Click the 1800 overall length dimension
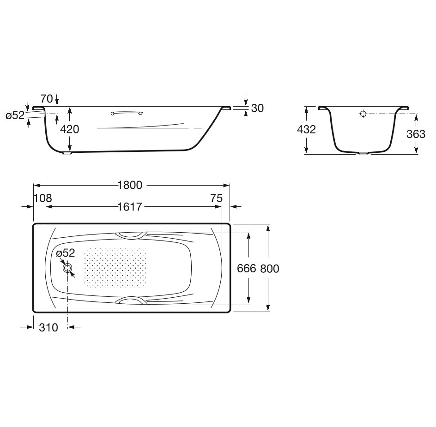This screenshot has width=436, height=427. [x=130, y=185]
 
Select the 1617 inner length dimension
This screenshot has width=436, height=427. [x=130, y=206]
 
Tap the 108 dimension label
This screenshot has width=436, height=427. [x=42, y=198]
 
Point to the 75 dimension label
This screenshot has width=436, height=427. [x=216, y=198]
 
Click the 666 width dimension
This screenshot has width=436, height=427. [x=246, y=269]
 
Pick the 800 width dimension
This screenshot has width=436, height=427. [x=270, y=269]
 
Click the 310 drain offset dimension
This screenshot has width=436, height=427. [x=48, y=327]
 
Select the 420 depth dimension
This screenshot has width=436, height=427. [x=70, y=129]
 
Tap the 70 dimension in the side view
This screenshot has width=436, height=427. [x=47, y=99]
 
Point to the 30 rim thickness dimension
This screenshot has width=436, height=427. [x=257, y=108]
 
